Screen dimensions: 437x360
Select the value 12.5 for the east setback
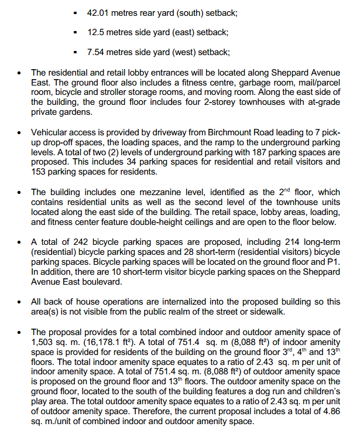point(95,32)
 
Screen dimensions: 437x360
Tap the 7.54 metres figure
point(96,52)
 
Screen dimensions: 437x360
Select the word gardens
point(76,112)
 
